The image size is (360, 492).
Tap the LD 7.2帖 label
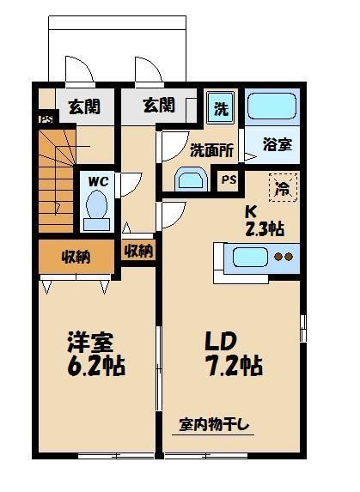[x=233, y=353]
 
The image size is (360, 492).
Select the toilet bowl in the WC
[x=96, y=210]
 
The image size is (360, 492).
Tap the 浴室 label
[x=278, y=144]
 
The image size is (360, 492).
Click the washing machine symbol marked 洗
[x=221, y=109]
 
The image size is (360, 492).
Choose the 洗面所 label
[x=211, y=149]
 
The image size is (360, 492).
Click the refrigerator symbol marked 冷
[x=281, y=187]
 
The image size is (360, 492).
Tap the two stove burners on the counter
[x=284, y=256]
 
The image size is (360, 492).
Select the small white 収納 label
[x=138, y=252]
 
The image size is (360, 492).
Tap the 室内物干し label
[x=214, y=423]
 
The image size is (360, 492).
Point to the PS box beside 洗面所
[x=229, y=180]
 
